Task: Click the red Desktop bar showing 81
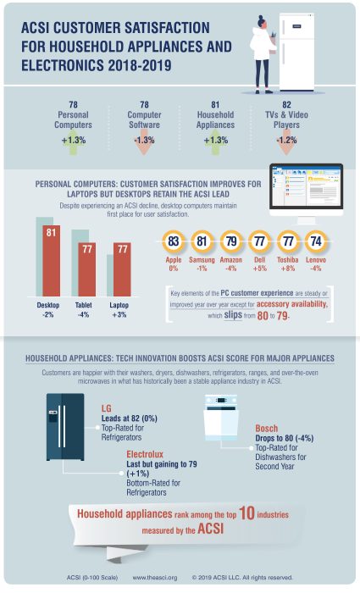(50, 258)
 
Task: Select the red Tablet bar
(86, 267)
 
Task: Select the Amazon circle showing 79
(230, 241)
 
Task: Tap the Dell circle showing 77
(258, 241)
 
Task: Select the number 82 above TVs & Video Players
(286, 104)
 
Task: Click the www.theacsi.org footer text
(155, 578)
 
